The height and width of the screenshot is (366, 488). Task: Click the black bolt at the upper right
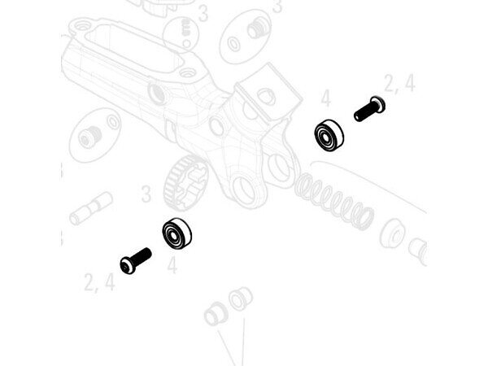[370, 109]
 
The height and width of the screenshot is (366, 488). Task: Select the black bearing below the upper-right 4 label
[329, 136]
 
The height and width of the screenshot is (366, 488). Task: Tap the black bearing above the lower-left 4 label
[176, 233]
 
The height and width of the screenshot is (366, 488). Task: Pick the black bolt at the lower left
[136, 261]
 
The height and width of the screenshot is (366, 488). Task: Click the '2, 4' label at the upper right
[399, 84]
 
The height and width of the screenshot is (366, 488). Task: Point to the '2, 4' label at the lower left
[99, 282]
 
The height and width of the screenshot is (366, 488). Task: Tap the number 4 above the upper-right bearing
[325, 98]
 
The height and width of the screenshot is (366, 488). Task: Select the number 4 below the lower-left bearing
[172, 265]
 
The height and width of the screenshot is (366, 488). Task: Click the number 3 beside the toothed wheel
[146, 194]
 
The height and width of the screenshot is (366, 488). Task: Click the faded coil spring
[333, 201]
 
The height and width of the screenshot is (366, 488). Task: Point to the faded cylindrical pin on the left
[91, 208]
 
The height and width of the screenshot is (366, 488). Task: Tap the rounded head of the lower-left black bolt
[127, 266]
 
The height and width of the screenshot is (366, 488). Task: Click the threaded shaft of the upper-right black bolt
[364, 112]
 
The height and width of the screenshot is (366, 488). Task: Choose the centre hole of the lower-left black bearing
[173, 235]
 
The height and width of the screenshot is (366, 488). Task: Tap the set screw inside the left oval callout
[89, 137]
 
